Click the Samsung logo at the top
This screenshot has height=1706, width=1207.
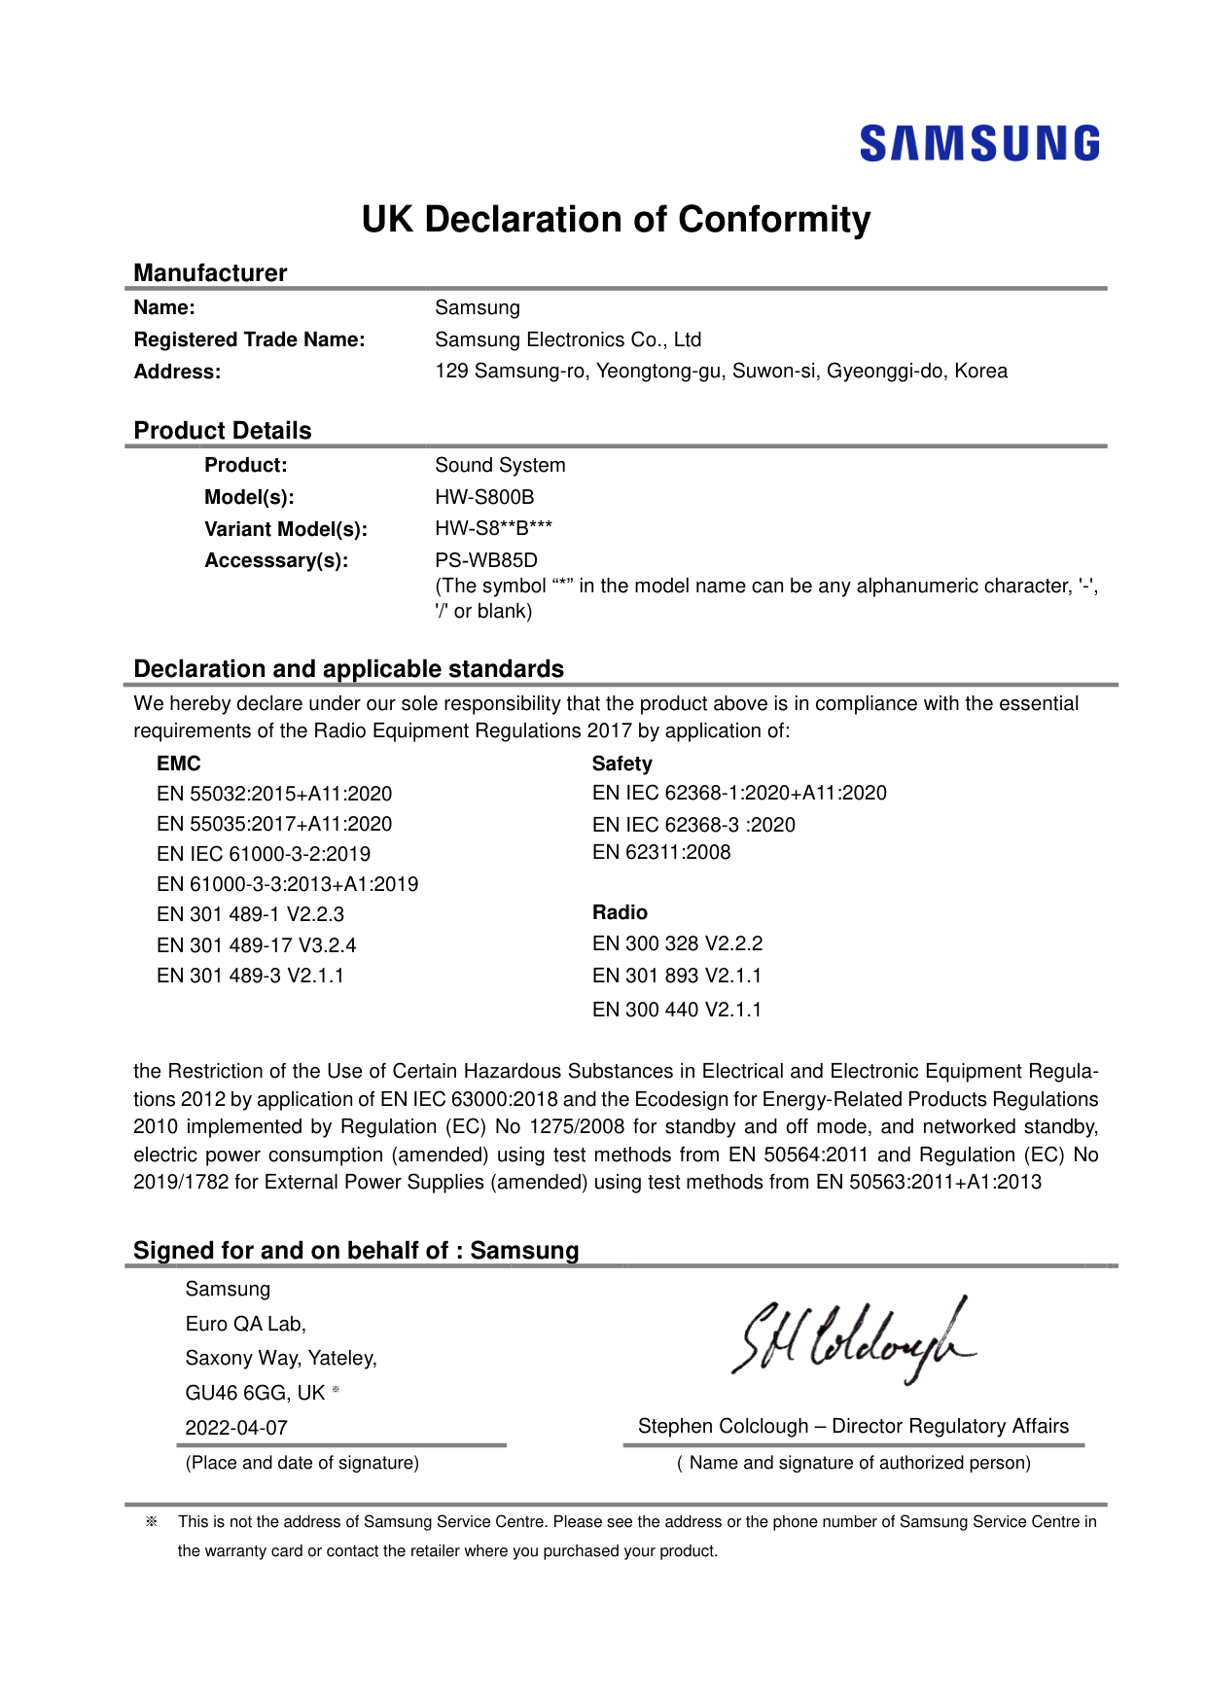979,143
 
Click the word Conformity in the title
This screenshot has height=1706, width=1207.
774,220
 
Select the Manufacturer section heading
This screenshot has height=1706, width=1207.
210,273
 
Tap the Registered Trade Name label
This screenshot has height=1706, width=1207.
249,339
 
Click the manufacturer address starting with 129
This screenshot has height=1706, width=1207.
721,371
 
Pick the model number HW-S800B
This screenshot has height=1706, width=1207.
484,497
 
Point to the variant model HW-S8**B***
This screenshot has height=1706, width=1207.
493,528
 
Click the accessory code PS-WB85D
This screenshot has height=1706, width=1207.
485,560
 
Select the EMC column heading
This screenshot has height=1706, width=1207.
178,764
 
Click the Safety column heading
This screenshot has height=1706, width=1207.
621,764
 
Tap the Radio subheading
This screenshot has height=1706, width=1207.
620,912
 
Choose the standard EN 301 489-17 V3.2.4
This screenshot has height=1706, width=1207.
256,945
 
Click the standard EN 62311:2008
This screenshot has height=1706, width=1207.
661,852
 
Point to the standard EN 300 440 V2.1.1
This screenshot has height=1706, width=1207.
677,1010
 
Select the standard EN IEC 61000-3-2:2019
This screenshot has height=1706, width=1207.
264,854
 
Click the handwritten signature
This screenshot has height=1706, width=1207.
854,1338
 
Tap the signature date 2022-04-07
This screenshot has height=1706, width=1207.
236,1428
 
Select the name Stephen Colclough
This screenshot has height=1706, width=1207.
723,1426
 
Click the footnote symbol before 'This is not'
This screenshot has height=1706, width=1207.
152,1521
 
